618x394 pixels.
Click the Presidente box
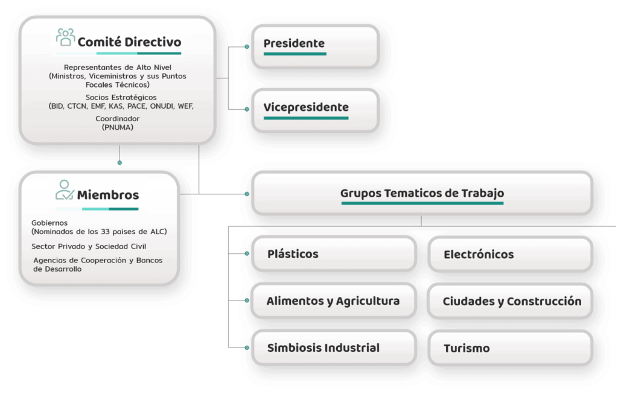[315, 46]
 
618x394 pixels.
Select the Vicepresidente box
[315, 110]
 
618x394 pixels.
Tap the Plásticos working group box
[334, 254]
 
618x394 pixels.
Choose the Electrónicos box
[511, 254]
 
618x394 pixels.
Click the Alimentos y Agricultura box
[334, 300]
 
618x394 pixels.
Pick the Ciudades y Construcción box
[511, 301]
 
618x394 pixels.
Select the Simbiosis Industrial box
[334, 348]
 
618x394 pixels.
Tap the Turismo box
[511, 348]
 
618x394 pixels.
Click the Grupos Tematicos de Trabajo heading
[422, 193]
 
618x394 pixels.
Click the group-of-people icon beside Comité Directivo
[65, 37]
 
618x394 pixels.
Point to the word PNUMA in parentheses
[118, 127]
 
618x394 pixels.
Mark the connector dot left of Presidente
[247, 47]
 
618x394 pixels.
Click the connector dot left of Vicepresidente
[247, 109]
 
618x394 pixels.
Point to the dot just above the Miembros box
[119, 162]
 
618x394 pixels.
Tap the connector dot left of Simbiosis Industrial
[247, 348]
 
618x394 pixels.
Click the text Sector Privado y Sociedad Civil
[89, 247]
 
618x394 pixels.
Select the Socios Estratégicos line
[121, 97]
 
